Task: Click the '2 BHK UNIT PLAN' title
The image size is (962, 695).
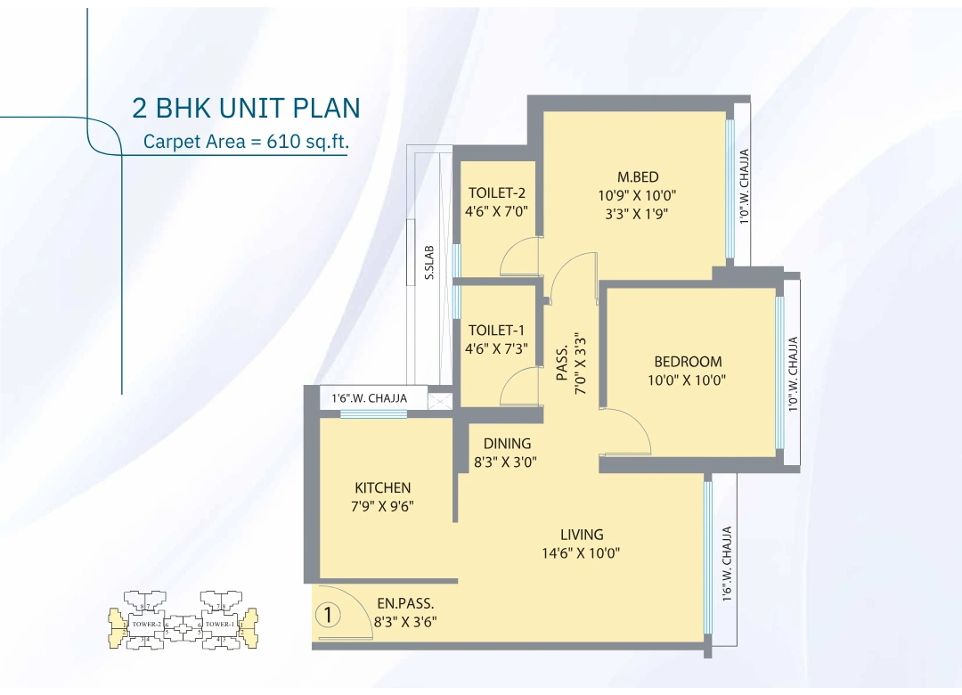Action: (x=246, y=108)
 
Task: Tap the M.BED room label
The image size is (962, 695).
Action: (x=638, y=176)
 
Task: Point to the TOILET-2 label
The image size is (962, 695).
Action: (x=497, y=192)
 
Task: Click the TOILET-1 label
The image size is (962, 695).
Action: (x=497, y=331)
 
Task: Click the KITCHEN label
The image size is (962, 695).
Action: (x=383, y=487)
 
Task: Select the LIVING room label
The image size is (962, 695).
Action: (x=582, y=535)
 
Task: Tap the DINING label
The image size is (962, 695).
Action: (x=507, y=444)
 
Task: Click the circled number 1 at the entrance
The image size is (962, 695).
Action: (x=329, y=614)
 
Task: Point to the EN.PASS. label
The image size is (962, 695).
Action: (x=405, y=603)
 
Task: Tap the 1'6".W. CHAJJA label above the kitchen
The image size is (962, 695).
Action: (x=369, y=398)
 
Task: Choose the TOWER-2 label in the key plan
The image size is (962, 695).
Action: (x=145, y=624)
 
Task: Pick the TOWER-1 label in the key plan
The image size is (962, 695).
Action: (x=219, y=624)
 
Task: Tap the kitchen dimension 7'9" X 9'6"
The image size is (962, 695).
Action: (x=383, y=506)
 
